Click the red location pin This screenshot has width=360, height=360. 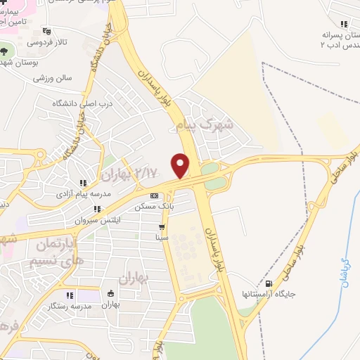pyautogui.click(x=181, y=165)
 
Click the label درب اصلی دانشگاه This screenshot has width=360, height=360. pyautogui.click(x=82, y=103)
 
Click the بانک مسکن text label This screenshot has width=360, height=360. pyautogui.click(x=154, y=207)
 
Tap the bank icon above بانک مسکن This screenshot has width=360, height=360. pyautogui.click(x=154, y=195)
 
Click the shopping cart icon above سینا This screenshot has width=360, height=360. pyautogui.click(x=162, y=226)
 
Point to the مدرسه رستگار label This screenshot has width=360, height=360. pyautogui.click(x=70, y=307)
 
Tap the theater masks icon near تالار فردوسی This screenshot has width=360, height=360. pyautogui.click(x=47, y=30)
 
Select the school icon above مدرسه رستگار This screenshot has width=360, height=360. pyautogui.click(x=70, y=295)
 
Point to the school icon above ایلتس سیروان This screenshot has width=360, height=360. pyautogui.click(x=97, y=209)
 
